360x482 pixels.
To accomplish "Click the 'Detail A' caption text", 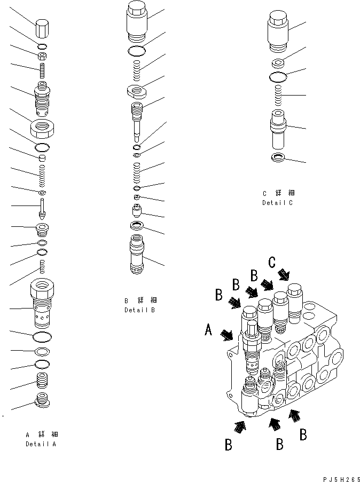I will pyautogui.click(x=41, y=444).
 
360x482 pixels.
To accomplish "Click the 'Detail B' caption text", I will pyautogui.click(x=140, y=310).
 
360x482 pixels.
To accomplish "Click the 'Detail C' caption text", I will pyautogui.click(x=278, y=203).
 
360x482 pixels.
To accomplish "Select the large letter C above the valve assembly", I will pyautogui.click(x=272, y=262).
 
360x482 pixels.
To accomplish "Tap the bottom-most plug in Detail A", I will pyautogui.click(x=42, y=400).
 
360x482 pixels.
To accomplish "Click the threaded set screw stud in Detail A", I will pyautogui.click(x=42, y=69).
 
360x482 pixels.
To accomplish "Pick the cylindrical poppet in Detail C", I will pyautogui.click(x=278, y=129).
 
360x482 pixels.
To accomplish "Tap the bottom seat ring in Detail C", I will pyautogui.click(x=278, y=157).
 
